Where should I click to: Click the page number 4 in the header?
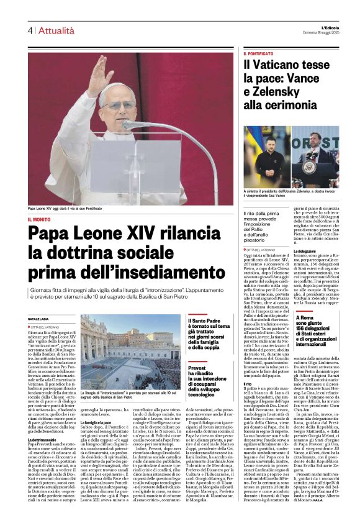point(29,30)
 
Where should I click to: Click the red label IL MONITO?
point(38,219)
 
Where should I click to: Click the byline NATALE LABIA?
point(38,319)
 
